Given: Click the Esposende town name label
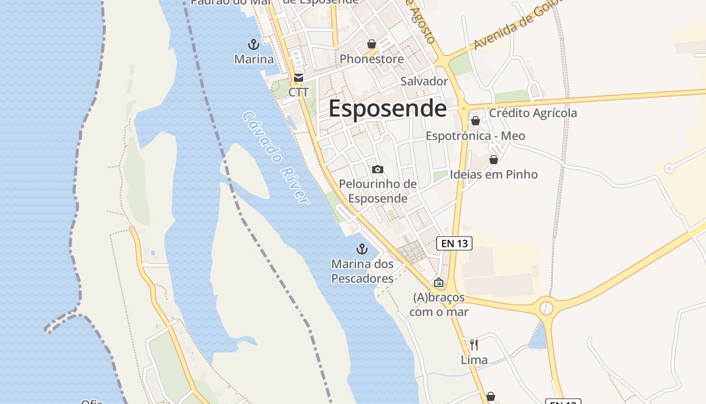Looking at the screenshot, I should coord(387,109).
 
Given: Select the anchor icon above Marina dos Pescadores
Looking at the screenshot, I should coord(362,248).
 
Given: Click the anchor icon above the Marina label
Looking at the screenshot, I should coord(254,44).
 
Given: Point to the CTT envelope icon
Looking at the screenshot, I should coord(298,78).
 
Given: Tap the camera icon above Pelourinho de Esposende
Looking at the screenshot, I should coord(377,169).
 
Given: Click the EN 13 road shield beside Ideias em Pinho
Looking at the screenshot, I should coord(454,243).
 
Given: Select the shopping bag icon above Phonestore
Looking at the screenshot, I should coord(372,44).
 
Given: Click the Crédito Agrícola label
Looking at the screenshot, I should coord(533,113).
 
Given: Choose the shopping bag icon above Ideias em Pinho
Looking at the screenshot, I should coord(494,160).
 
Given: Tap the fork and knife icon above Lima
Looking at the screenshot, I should coord(474,344).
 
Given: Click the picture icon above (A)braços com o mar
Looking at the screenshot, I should coord(439,282).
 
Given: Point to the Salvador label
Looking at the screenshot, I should coord(424,81).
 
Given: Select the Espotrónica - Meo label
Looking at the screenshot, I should coord(475,136).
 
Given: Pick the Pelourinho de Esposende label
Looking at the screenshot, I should coord(378,191).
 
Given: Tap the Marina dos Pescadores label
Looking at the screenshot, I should coord(362,271).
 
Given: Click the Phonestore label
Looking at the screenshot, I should coord(372,59).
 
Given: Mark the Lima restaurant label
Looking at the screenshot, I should coord(474,360).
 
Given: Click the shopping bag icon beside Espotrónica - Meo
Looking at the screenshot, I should coord(476,121).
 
